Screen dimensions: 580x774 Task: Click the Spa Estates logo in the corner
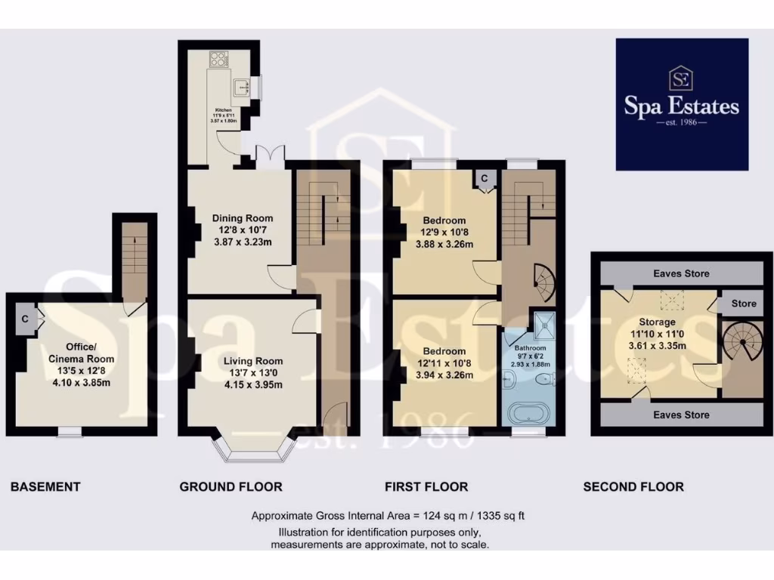tap(682, 104)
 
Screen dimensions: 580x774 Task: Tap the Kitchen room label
tap(224, 110)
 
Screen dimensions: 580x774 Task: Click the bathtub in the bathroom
tap(527, 413)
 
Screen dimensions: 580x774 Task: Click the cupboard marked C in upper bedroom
tap(485, 177)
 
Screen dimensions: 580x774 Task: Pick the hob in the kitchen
tap(218, 59)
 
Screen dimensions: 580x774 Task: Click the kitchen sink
tap(243, 87)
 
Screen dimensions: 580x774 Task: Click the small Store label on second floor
tap(743, 304)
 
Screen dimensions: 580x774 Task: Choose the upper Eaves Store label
tap(681, 273)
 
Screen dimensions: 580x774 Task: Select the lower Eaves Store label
tap(681, 415)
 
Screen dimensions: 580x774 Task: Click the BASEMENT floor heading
tap(45, 487)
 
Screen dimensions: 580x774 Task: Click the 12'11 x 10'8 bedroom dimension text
tap(444, 363)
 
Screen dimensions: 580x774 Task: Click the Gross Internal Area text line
tap(387, 517)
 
